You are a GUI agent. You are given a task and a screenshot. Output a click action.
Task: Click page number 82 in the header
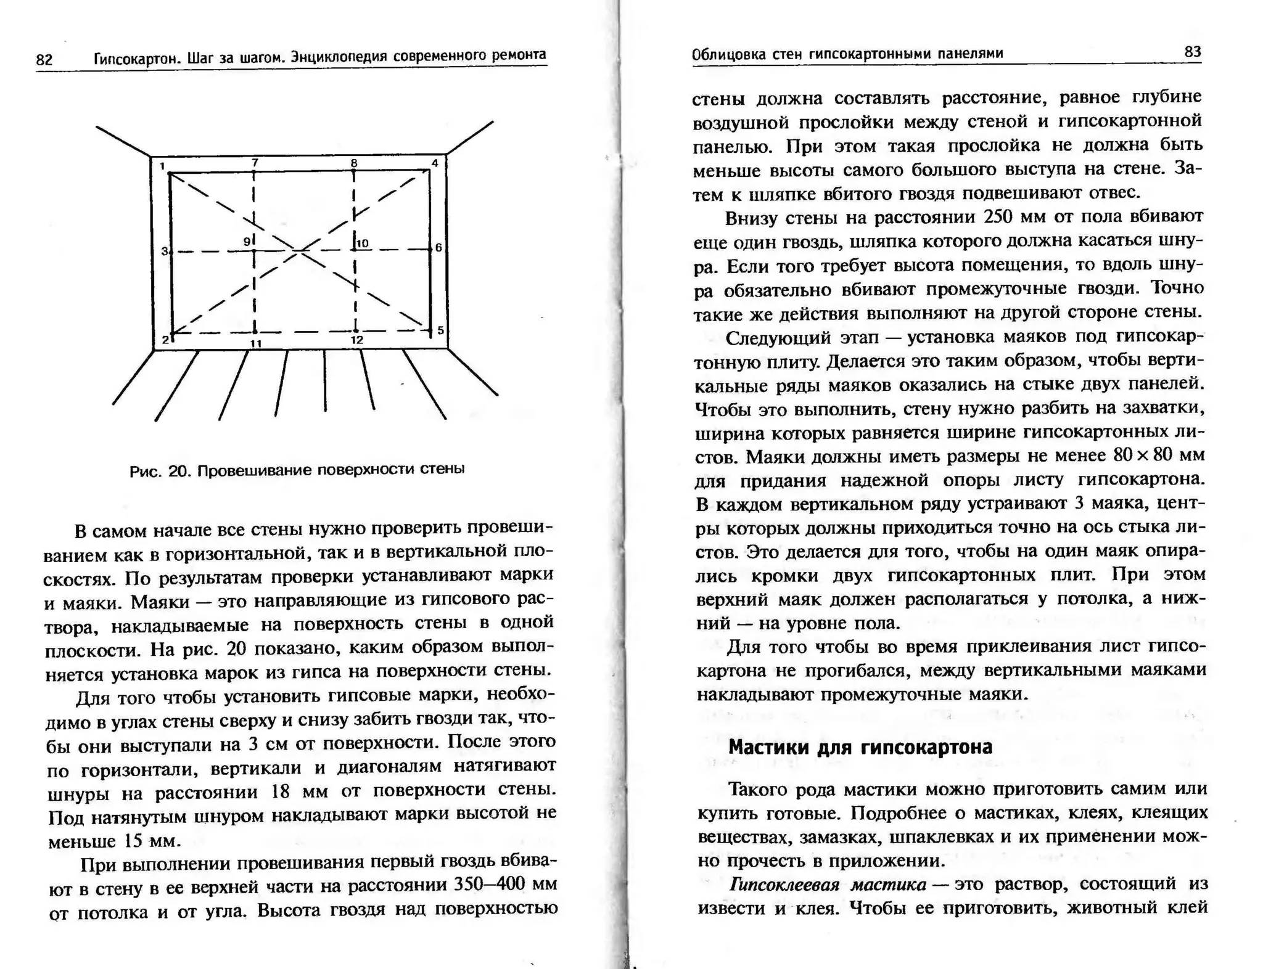click(x=44, y=60)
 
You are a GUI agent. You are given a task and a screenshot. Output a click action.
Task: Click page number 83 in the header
click(x=1193, y=52)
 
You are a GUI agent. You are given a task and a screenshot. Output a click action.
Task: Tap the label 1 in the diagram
click(x=162, y=166)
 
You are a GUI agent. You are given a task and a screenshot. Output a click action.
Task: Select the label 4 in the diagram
click(x=435, y=163)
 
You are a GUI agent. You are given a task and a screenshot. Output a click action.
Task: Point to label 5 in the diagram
click(x=440, y=330)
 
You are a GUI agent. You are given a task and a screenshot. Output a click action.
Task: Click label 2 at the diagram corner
click(x=165, y=340)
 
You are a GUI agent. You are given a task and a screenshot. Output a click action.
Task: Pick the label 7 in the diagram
click(x=255, y=163)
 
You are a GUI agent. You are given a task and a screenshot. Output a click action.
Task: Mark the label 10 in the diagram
click(x=363, y=243)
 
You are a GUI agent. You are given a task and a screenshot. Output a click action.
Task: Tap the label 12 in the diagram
click(x=356, y=340)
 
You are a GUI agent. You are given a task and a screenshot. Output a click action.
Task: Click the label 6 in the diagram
click(x=438, y=247)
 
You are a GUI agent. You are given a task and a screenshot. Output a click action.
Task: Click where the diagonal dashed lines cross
click(x=299, y=250)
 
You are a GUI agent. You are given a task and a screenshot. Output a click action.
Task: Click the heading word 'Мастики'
click(x=770, y=747)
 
